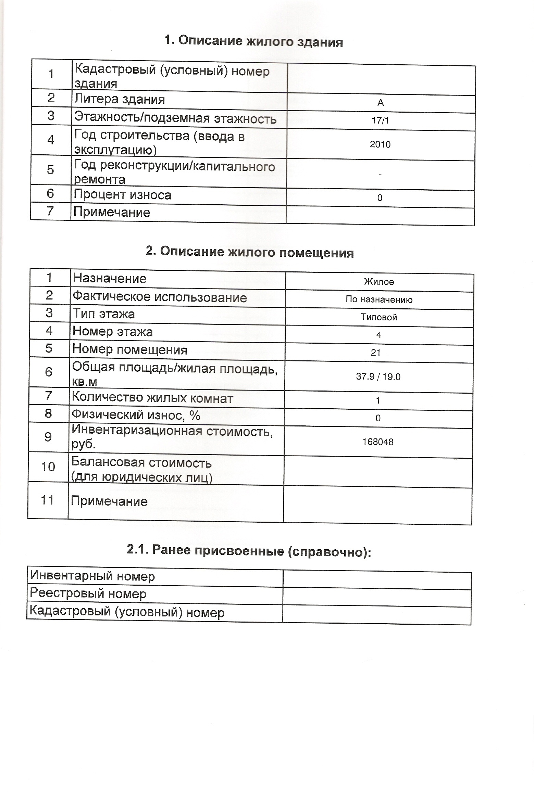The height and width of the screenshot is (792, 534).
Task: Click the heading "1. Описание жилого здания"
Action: [x=253, y=41]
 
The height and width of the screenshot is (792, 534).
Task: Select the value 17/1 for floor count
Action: [x=380, y=120]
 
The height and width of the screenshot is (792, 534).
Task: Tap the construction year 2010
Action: [x=380, y=144]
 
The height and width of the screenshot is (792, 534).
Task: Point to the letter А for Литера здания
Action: [x=381, y=103]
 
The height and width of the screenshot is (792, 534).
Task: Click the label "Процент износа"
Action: [x=123, y=195]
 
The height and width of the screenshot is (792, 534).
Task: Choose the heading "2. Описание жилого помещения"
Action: [x=250, y=252]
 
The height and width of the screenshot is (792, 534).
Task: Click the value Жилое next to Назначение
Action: [x=379, y=282]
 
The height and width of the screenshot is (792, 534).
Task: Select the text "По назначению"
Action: [x=379, y=300]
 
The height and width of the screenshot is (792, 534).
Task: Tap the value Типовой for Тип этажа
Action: [x=379, y=317]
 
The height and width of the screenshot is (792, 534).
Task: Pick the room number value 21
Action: [x=376, y=353]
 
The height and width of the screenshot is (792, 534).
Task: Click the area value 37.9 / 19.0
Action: [x=378, y=377]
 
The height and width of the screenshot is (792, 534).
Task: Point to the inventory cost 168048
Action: [x=378, y=442]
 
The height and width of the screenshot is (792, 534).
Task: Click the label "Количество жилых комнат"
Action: [x=152, y=398]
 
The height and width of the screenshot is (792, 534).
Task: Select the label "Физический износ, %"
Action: [x=136, y=415]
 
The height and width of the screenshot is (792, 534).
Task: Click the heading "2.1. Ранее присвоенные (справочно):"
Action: [x=249, y=550]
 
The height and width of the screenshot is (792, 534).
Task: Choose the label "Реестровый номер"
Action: [x=88, y=593]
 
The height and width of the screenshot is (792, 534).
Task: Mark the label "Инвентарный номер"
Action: [x=92, y=576]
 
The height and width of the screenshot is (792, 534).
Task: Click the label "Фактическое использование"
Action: [x=160, y=297]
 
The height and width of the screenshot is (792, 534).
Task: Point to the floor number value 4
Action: [x=378, y=335]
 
